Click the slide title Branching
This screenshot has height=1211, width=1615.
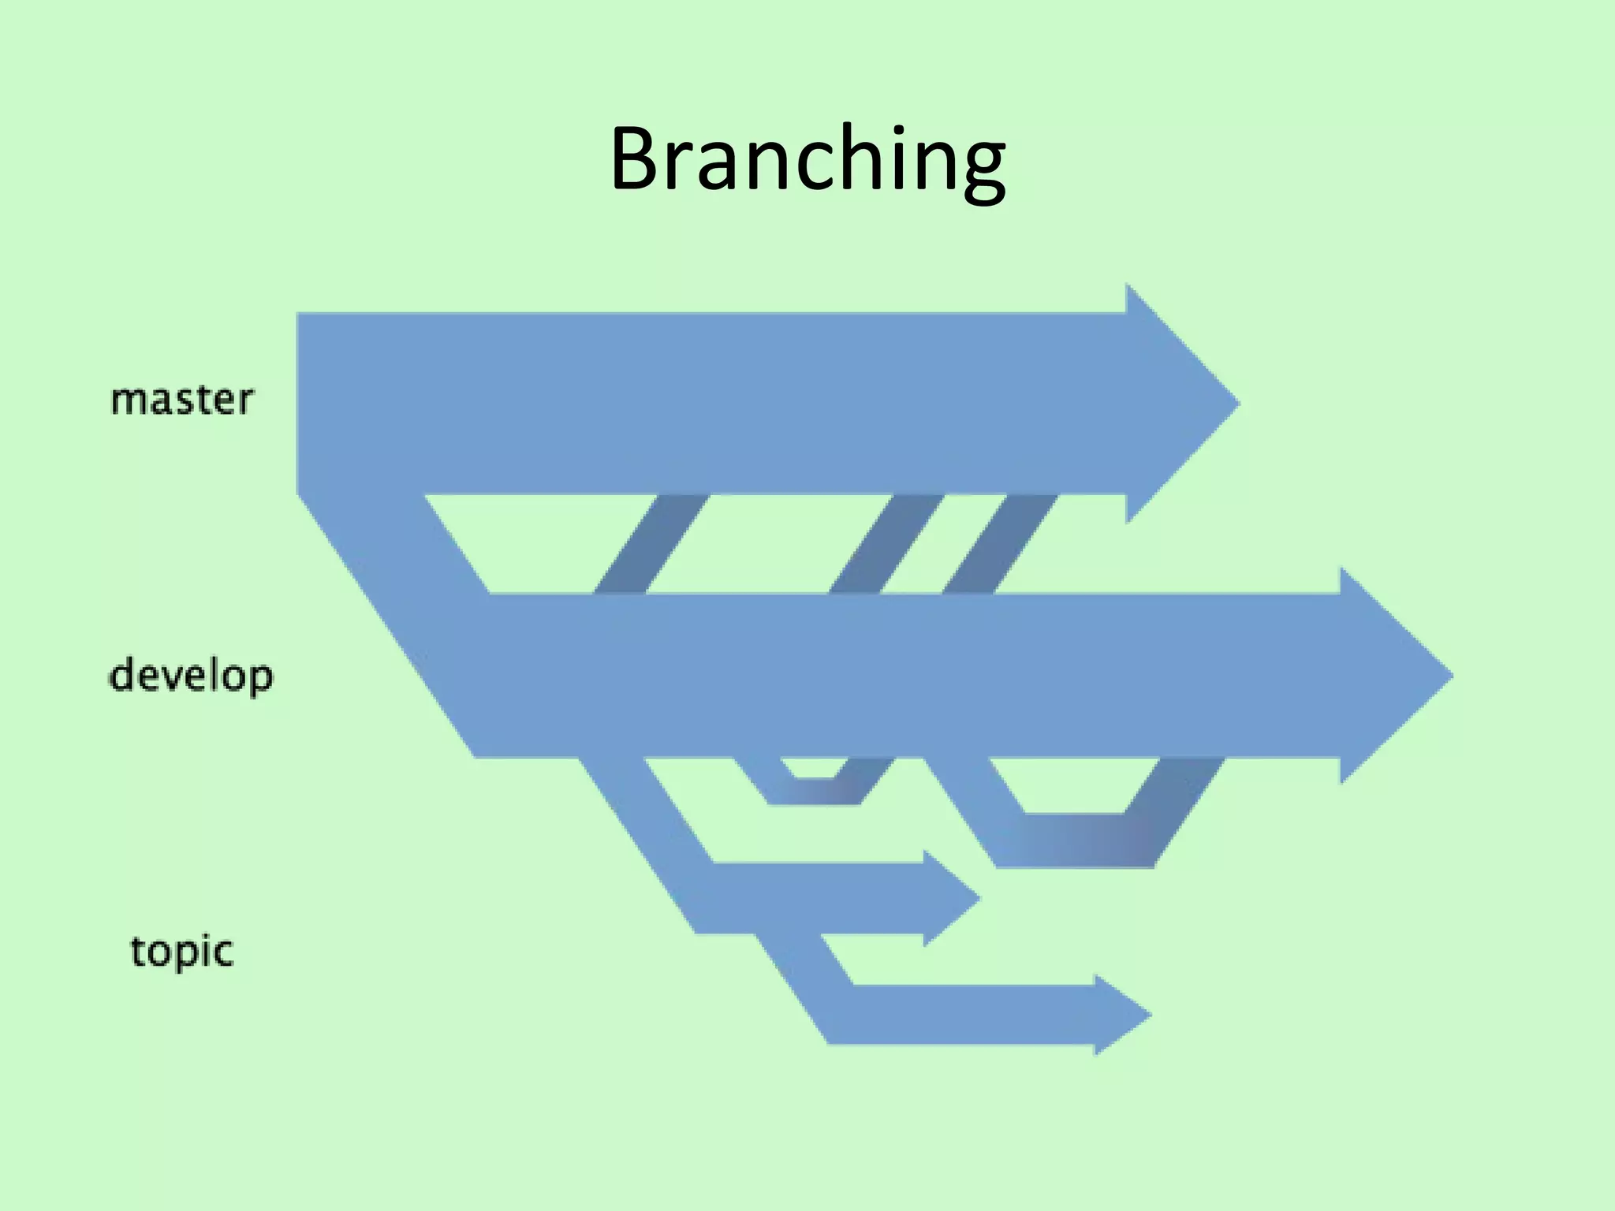[807, 159]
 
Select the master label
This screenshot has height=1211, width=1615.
[182, 400]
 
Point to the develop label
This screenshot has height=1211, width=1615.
[191, 676]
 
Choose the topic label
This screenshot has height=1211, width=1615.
[181, 952]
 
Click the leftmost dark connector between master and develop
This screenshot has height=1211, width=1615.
[651, 544]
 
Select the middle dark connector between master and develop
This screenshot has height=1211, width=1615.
[886, 544]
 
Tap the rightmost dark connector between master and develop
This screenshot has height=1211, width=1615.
[999, 544]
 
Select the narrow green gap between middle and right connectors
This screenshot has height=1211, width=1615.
[943, 544]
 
